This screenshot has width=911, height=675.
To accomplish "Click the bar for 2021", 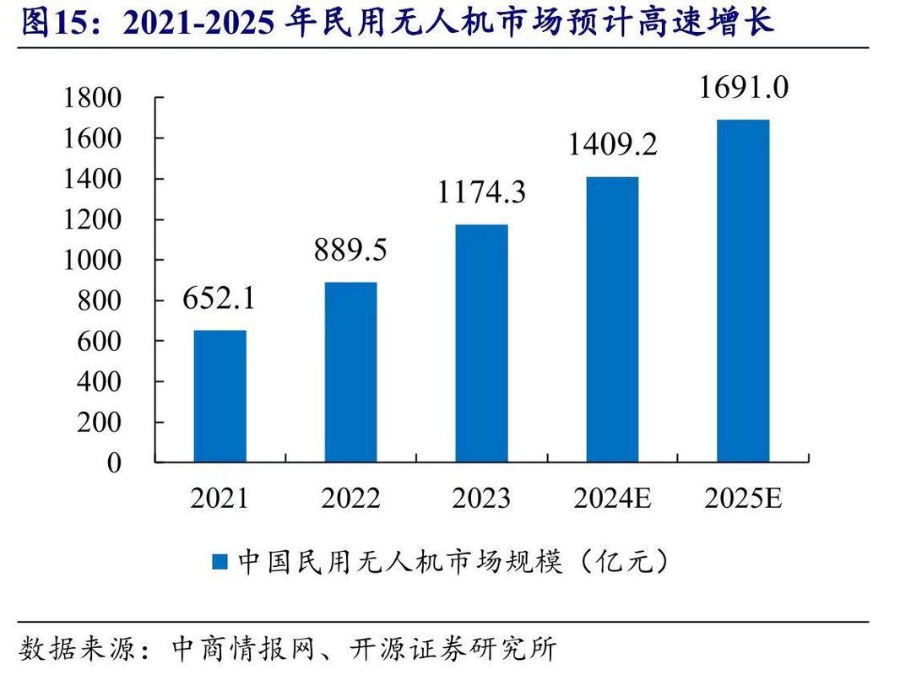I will [x=220, y=396].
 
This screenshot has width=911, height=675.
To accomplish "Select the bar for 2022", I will [x=350, y=372].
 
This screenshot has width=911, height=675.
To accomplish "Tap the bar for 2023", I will [x=481, y=343].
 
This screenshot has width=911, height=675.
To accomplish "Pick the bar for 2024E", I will [x=612, y=319].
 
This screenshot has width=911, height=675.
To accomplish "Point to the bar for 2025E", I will [x=743, y=290].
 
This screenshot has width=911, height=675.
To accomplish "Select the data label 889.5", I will [x=350, y=250].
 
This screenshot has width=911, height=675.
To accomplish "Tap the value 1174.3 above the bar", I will [x=481, y=192].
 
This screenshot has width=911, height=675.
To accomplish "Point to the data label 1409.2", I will [x=612, y=144].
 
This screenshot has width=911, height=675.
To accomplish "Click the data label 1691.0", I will [x=743, y=87].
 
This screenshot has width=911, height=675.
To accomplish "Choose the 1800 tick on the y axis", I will [x=93, y=99].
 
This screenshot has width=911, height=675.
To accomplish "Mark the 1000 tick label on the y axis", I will [x=93, y=261].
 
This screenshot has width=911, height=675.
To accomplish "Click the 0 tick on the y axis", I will [x=113, y=463].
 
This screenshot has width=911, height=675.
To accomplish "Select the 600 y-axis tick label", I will [x=100, y=342].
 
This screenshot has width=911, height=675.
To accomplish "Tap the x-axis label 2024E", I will [x=612, y=499].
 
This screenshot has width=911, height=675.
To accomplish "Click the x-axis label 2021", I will [x=220, y=499].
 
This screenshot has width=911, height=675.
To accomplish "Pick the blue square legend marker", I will [x=220, y=562].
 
